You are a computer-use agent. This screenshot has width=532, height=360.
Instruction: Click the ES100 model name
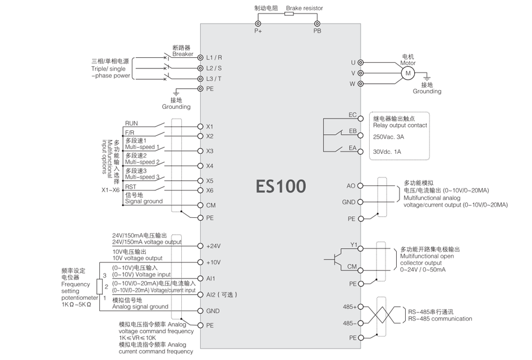click(x=281, y=186)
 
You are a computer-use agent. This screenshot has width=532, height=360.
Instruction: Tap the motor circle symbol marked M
click(x=409, y=73)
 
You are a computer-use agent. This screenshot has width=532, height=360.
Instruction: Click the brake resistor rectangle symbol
click(x=289, y=15)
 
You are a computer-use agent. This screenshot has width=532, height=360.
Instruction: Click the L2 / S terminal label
click(x=214, y=68)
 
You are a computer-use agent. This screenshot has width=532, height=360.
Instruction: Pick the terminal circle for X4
click(x=200, y=166)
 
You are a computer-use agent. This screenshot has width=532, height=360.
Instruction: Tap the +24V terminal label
click(x=214, y=246)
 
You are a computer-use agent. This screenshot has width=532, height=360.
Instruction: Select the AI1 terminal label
click(x=211, y=279)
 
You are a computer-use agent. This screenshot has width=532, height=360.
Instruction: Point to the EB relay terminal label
click(x=352, y=131)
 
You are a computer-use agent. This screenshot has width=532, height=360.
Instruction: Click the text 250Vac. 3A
click(x=389, y=136)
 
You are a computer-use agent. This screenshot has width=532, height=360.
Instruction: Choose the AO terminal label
click(x=351, y=185)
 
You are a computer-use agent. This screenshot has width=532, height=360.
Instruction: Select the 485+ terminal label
click(x=349, y=307)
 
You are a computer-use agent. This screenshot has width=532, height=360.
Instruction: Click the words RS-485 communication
click(x=440, y=319)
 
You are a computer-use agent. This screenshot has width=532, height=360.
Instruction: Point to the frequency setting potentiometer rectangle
click(x=99, y=286)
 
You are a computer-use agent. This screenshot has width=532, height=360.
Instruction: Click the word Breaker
click(x=182, y=54)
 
